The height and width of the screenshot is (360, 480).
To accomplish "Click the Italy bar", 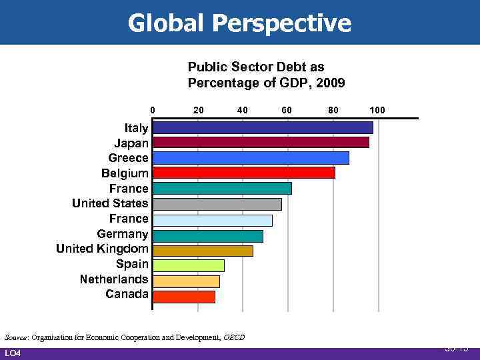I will click(263, 127).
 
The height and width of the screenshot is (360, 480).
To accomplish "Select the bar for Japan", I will click(261, 143).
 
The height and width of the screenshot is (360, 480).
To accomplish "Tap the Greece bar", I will click(251, 158).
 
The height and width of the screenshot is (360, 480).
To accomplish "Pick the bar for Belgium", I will click(243, 173).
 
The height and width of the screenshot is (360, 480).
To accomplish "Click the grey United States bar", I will click(217, 204).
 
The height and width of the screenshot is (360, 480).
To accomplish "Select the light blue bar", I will click(212, 219).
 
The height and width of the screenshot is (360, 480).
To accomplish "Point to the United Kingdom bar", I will click(203, 250).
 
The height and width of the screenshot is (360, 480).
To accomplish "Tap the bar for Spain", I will click(188, 265).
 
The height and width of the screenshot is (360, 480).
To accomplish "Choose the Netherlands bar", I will click(186, 281).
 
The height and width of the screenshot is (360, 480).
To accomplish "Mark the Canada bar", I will click(183, 296).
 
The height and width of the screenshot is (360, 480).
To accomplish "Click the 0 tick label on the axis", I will click(152, 109).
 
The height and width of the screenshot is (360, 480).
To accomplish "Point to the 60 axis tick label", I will click(287, 109).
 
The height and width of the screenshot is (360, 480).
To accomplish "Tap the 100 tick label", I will click(377, 109).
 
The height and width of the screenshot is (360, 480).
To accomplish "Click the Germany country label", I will click(123, 234).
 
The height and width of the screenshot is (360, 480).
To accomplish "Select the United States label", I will click(110, 203).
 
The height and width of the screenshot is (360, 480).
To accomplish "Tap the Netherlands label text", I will click(114, 279).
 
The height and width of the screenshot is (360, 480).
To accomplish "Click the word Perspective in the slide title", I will click(281, 24).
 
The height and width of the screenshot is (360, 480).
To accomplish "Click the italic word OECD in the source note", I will click(233, 337).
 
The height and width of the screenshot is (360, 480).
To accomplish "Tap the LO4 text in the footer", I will click(13, 353).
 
